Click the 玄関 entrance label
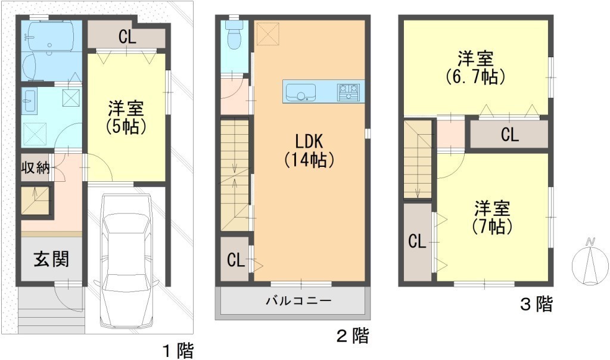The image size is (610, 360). click(x=51, y=259)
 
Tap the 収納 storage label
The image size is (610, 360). click(x=35, y=167)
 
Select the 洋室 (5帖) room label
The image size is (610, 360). click(x=126, y=117)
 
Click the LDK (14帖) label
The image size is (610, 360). click(x=309, y=151)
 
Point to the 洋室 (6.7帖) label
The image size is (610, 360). click(x=475, y=68)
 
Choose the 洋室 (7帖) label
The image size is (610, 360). click(x=491, y=218)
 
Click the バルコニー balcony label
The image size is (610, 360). click(x=299, y=300)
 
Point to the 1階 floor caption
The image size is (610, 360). click(x=178, y=351)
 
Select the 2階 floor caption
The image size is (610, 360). click(x=353, y=336)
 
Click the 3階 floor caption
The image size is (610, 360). click(x=537, y=304)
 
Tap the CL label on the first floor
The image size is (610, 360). click(x=127, y=37)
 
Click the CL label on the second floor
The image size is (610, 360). click(x=236, y=260)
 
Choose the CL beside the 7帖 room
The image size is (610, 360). click(x=417, y=241)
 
